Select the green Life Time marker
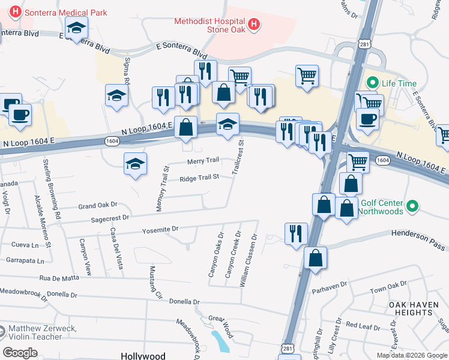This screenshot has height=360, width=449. [x=372, y=82]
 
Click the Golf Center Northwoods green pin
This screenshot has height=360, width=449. [x=412, y=208]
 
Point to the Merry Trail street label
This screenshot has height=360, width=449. [x=203, y=161]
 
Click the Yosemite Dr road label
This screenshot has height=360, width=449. [x=160, y=229]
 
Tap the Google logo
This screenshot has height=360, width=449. [x=20, y=353]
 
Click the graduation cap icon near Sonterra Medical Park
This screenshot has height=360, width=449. [x=77, y=28]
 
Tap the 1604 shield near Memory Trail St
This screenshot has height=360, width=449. [x=111, y=141]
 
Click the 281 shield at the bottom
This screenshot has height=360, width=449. [x=289, y=347]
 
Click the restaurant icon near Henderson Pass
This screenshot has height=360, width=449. [x=296, y=234]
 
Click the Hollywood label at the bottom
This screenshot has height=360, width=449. [x=143, y=356]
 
